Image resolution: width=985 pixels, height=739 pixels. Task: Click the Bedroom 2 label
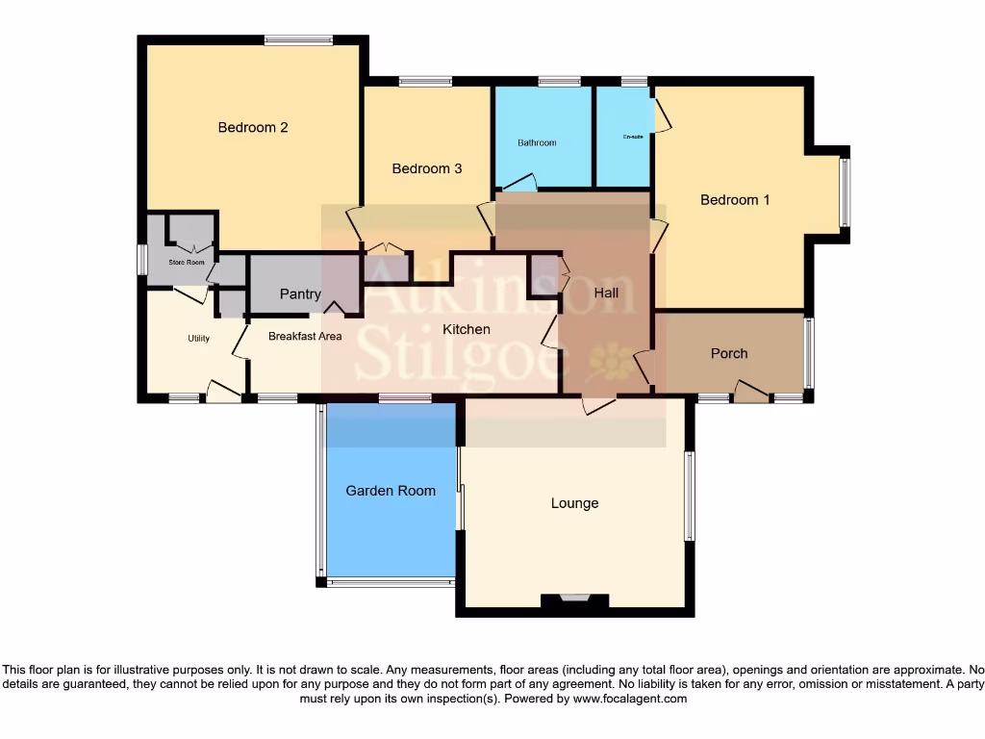point(253,127)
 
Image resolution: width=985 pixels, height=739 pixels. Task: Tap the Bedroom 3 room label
point(427,168)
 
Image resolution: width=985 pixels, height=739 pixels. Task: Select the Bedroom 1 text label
point(735,200)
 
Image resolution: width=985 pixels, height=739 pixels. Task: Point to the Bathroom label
point(537,143)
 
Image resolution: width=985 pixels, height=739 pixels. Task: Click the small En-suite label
point(633,137)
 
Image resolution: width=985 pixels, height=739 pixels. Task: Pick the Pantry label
point(300,294)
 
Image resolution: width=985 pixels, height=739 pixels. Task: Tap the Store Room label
point(187,262)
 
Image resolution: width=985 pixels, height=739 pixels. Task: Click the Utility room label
point(199,339)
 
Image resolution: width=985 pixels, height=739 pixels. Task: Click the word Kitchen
point(467,329)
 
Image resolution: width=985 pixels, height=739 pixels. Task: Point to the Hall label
point(606,293)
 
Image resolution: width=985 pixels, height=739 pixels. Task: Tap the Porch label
point(729,353)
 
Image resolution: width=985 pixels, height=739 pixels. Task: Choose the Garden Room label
point(391,491)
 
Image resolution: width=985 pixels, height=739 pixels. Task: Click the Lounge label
point(574,503)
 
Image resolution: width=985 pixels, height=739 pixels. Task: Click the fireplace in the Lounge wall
point(574,599)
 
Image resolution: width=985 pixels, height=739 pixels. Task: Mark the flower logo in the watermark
point(610,362)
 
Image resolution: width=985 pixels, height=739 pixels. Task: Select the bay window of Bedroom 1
point(845,192)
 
